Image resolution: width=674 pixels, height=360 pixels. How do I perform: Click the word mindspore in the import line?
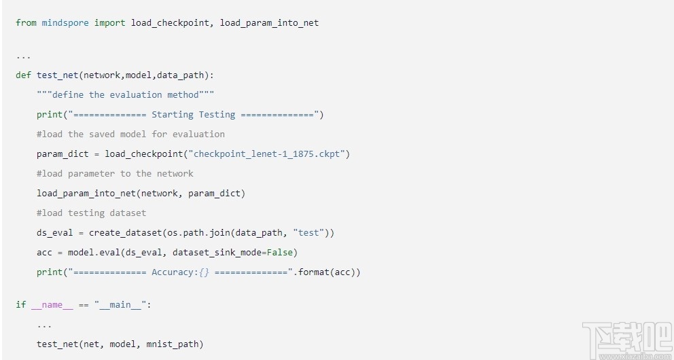point(65,23)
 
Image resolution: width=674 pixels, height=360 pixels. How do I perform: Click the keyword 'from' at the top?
point(26,23)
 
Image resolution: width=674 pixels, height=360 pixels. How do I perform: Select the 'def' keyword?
point(23,75)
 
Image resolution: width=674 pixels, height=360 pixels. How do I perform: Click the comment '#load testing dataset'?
point(91,213)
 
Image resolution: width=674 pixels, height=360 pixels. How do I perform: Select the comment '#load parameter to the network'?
point(115,174)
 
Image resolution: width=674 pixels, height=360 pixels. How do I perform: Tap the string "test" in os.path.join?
point(308,233)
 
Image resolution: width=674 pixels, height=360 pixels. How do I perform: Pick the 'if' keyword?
point(20,305)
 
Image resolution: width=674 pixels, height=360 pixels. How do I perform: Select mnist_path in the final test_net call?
point(174,344)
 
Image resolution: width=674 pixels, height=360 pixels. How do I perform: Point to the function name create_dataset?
point(125,233)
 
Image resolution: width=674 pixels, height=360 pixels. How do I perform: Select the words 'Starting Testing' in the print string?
point(193,115)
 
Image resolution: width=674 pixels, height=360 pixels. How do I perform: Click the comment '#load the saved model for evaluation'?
point(130,134)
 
